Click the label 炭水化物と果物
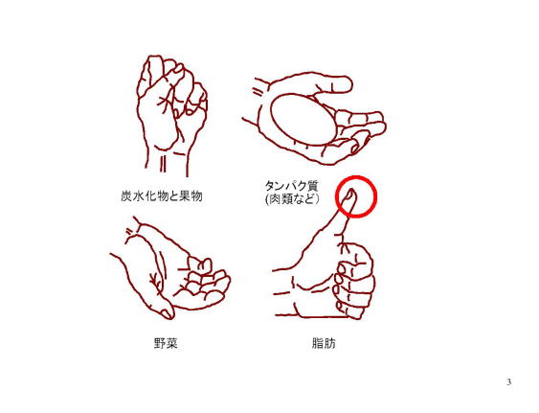162,196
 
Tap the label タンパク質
291,186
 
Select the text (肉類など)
293,199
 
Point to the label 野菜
166,343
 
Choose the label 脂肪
324,343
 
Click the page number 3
508,382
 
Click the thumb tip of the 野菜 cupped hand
167,312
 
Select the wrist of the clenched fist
168,162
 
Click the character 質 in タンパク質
312,186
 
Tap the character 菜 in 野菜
172,343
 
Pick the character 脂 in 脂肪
317,343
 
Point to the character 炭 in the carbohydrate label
126,196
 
